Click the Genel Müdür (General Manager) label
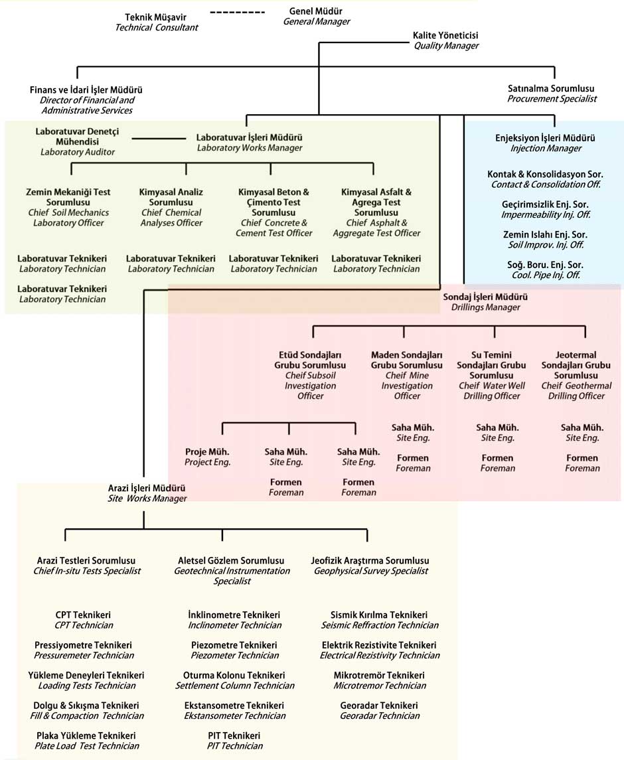click(x=316, y=17)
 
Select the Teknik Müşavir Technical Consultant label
click(x=157, y=22)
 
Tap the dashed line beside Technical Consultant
click(x=237, y=12)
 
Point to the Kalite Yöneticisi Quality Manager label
click(x=445, y=40)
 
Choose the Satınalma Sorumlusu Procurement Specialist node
click(x=551, y=93)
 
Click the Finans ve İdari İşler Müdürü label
click(x=86, y=100)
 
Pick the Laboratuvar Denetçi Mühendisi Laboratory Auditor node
click(x=77, y=141)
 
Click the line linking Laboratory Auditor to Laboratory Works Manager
click(x=159, y=139)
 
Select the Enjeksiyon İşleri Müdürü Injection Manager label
click(x=545, y=143)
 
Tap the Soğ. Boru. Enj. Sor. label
click(x=545, y=269)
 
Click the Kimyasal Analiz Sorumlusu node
click(x=171, y=207)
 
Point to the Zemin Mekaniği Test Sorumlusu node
click(x=68, y=207)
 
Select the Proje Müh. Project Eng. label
click(x=207, y=457)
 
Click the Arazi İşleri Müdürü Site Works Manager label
click(x=147, y=493)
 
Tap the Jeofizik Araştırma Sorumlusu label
click(x=370, y=566)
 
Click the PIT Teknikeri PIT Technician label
click(x=234, y=741)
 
